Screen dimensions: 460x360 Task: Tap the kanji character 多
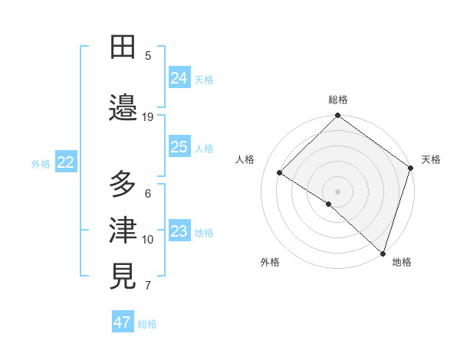(x=123, y=185)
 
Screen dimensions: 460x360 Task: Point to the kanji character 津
(x=123, y=230)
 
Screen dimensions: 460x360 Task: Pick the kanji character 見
(x=123, y=277)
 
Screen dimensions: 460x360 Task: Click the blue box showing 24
(x=179, y=78)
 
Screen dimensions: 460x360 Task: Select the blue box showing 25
(x=179, y=147)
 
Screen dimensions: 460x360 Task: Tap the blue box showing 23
(x=179, y=232)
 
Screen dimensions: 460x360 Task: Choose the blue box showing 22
(x=66, y=162)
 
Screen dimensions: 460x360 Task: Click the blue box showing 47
(x=123, y=322)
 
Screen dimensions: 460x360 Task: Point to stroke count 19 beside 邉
(x=148, y=116)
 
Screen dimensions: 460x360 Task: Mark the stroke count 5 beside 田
(x=148, y=55)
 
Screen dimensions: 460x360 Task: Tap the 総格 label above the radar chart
(x=338, y=100)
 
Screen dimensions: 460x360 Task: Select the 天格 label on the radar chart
(x=431, y=159)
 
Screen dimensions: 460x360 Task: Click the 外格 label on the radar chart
(x=270, y=262)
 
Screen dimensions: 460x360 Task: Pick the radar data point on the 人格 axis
(x=280, y=172)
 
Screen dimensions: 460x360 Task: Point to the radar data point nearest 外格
(x=328, y=204)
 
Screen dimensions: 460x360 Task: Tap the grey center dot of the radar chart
(x=337, y=191)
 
